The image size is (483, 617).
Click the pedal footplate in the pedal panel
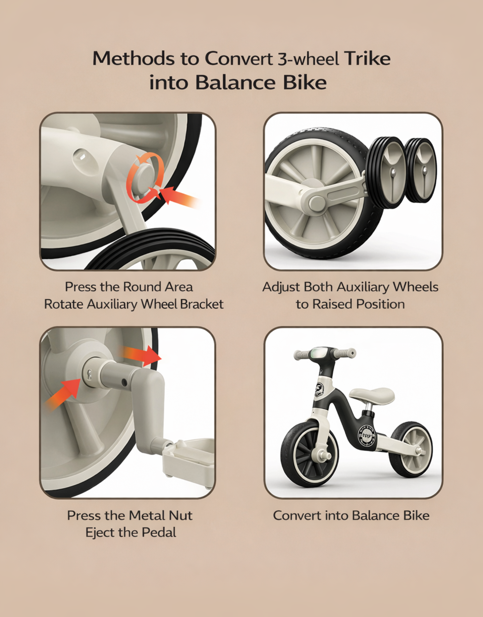(x=188, y=459)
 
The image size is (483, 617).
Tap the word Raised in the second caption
(x=333, y=304)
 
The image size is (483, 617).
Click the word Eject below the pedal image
(x=99, y=532)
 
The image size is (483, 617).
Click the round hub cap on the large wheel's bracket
(x=317, y=202)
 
